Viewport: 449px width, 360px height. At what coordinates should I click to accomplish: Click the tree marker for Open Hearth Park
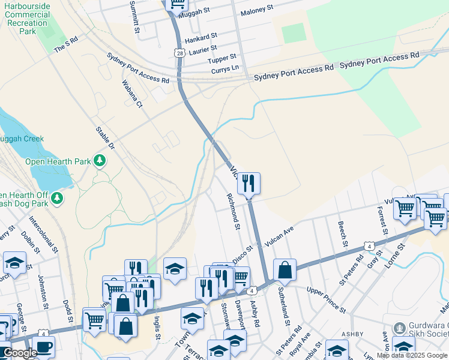100,161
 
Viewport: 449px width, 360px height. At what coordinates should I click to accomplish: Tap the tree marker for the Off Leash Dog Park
57,197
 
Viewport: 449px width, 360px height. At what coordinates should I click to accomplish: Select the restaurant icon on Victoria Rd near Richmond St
249,183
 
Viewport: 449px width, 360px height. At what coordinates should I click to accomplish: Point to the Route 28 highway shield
180,53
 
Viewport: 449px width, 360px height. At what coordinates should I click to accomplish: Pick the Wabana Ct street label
132,94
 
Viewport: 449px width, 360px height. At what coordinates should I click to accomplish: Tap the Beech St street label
343,234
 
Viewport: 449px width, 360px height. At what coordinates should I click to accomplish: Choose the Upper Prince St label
326,300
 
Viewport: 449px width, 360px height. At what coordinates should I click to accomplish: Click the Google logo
20,353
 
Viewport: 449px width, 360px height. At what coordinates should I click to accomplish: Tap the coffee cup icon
44,346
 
